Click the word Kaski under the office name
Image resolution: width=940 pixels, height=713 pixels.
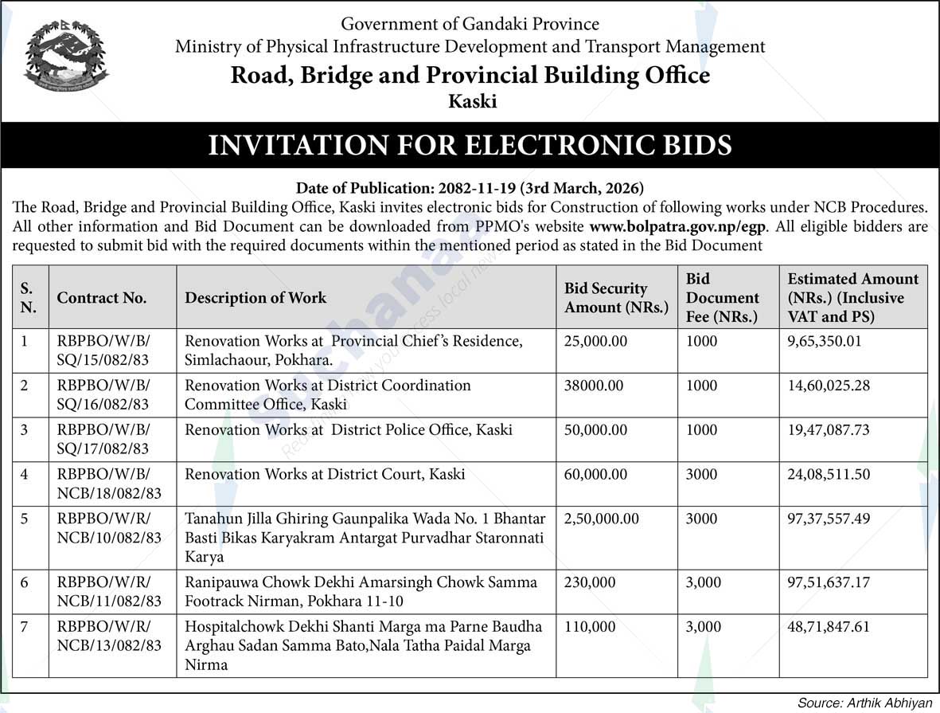[x=472, y=102]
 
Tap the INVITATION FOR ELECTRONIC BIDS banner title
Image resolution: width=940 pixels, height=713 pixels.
[x=470, y=145]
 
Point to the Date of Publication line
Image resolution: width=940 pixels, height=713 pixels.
[x=470, y=189]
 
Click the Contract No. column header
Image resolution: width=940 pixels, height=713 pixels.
[x=101, y=298]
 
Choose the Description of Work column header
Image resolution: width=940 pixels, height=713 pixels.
[x=255, y=298]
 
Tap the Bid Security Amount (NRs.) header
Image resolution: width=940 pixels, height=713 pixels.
[x=616, y=298]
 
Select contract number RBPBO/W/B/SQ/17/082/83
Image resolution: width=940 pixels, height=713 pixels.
[x=103, y=439]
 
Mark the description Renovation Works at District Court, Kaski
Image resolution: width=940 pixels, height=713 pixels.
[x=325, y=474]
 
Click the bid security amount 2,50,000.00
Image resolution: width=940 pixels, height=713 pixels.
[x=602, y=519]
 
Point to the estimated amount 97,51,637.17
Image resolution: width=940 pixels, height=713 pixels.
[x=829, y=582]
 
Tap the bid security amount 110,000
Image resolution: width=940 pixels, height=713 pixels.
[x=590, y=627]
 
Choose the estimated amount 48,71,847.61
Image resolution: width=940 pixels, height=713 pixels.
[x=829, y=627]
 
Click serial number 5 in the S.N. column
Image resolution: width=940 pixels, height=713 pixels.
[x=25, y=519]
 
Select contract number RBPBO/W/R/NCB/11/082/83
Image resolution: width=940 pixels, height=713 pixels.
[x=109, y=591]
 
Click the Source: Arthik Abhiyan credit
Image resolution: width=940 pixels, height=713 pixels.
[x=864, y=703]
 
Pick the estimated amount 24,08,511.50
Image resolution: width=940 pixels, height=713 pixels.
[x=829, y=474]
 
